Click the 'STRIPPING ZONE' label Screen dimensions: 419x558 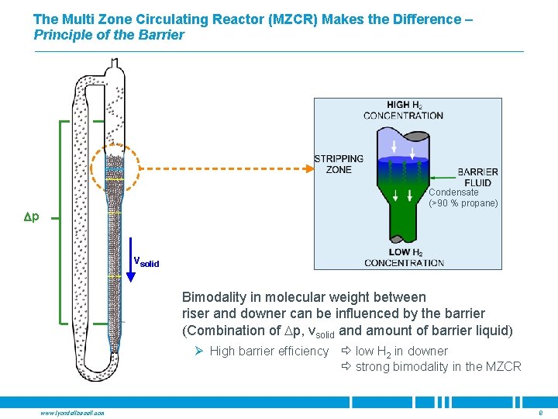(332, 164)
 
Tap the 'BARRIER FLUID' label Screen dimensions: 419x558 (478, 178)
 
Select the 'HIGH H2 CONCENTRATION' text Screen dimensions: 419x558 (403, 110)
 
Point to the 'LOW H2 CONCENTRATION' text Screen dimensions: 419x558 (404, 258)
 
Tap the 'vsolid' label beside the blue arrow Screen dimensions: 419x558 (146, 262)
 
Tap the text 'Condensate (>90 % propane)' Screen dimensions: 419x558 (463, 198)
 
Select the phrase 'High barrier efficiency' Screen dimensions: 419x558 (269, 351)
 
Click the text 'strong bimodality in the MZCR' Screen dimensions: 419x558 (438, 366)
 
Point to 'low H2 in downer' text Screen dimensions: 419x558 (401, 351)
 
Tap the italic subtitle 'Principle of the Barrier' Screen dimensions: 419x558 (109, 35)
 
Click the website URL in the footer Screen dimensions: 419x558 (73, 413)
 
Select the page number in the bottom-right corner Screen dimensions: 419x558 (540, 413)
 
